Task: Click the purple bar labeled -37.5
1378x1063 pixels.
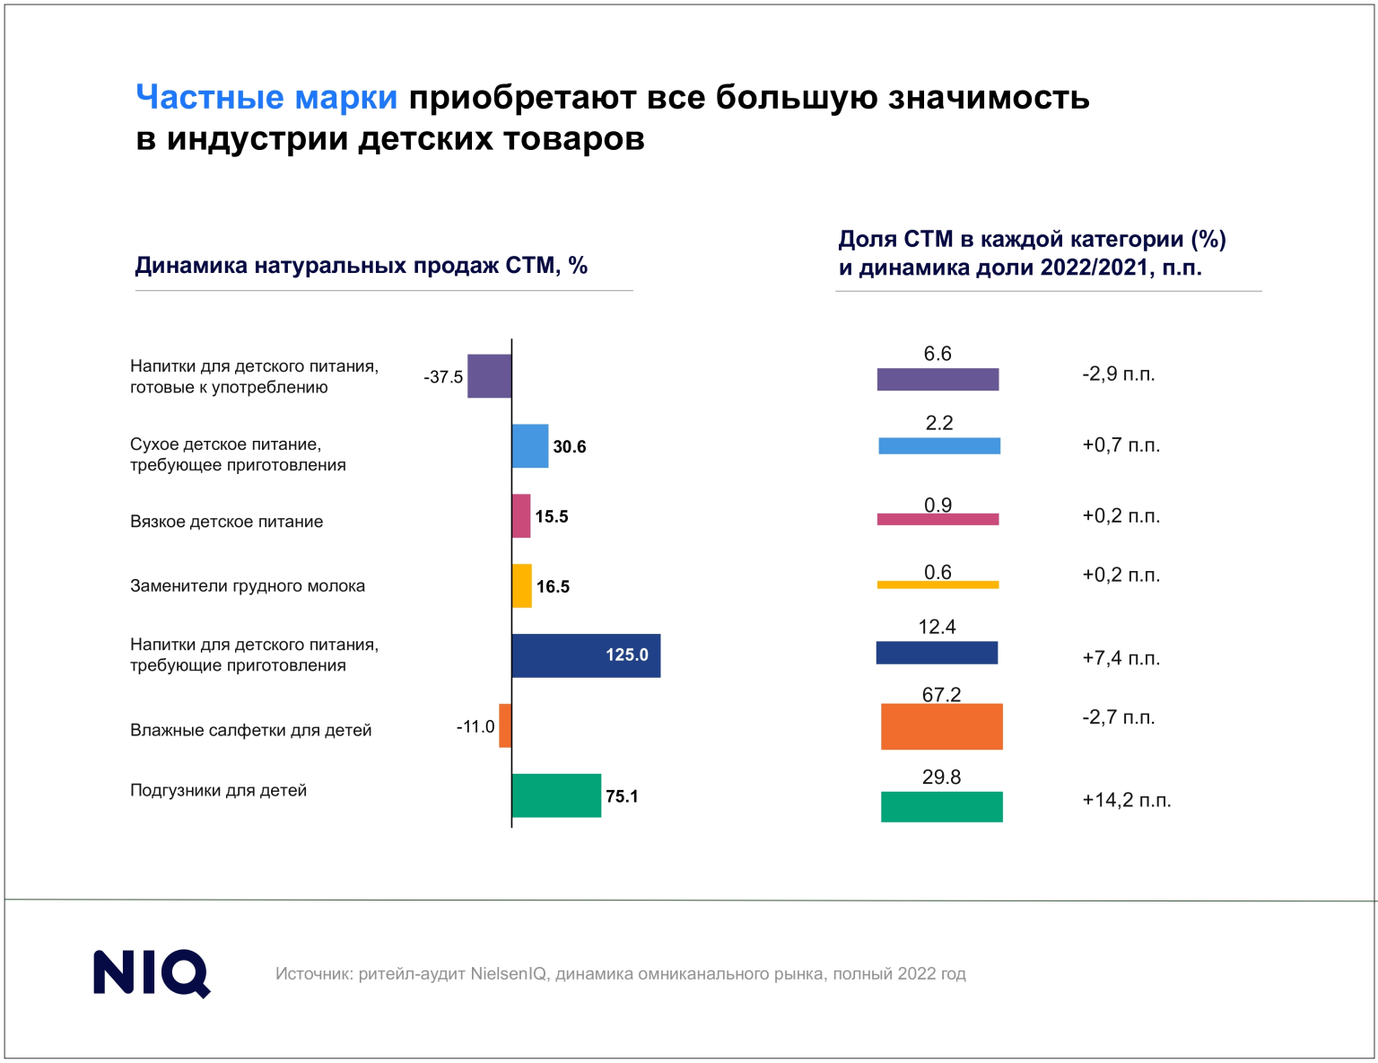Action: (489, 376)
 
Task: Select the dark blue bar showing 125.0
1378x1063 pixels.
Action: (585, 655)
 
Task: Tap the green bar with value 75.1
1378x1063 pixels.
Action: (555, 795)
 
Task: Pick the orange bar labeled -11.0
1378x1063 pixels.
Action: (505, 725)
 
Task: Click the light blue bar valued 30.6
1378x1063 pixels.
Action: (529, 446)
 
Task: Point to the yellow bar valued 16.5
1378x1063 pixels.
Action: (521, 586)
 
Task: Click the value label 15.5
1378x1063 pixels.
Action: (552, 517)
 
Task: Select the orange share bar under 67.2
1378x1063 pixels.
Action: (941, 726)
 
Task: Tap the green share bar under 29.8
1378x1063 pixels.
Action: (941, 806)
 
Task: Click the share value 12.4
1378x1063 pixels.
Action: (937, 627)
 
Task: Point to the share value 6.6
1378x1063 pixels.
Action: (938, 354)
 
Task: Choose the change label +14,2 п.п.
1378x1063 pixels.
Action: (1127, 800)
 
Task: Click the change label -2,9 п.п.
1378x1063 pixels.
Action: (1119, 374)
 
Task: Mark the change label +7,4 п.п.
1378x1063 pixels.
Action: (1121, 658)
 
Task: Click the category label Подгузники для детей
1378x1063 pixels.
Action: (219, 791)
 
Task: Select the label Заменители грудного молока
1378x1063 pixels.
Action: (248, 586)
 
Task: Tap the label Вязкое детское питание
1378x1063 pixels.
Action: (227, 522)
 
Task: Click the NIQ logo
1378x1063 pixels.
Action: (152, 973)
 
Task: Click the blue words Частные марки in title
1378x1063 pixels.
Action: (266, 97)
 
